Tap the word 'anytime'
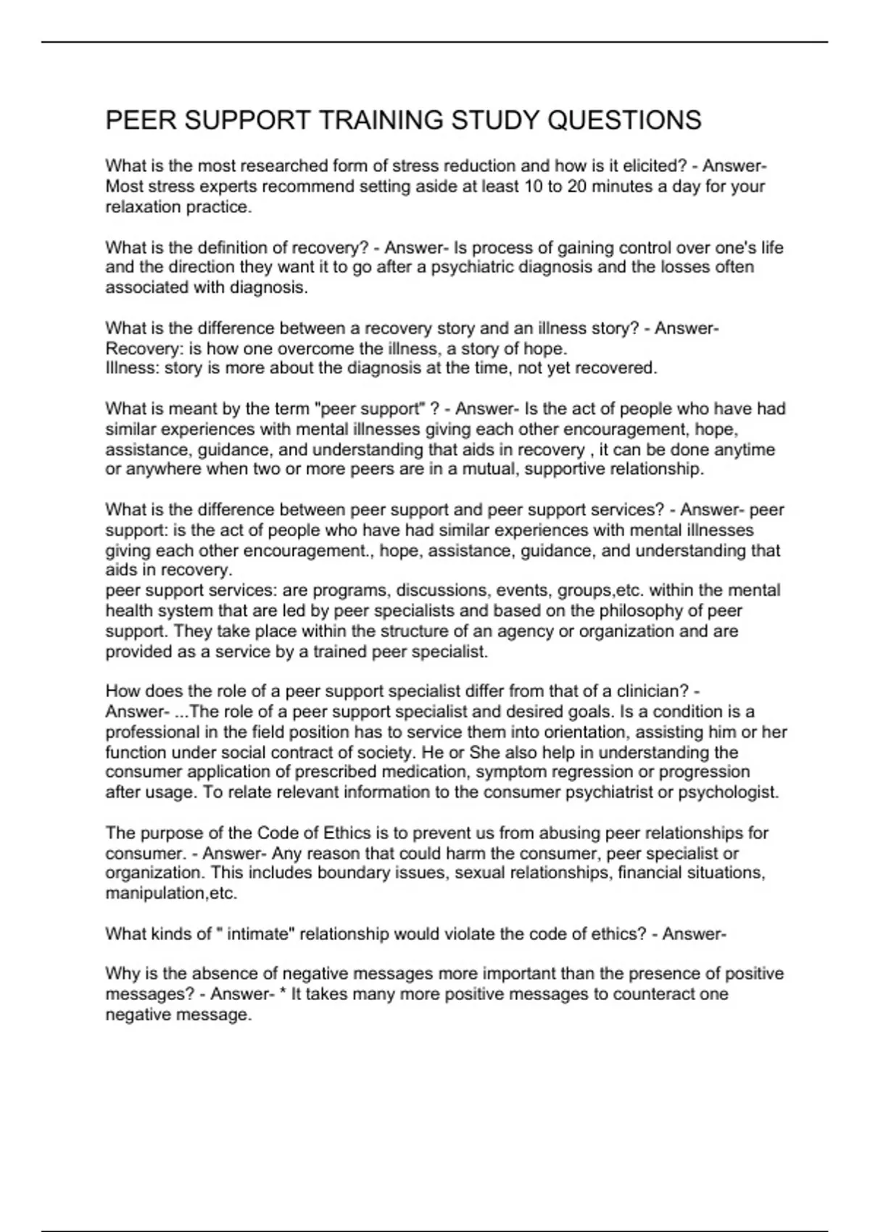pos(744,450)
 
